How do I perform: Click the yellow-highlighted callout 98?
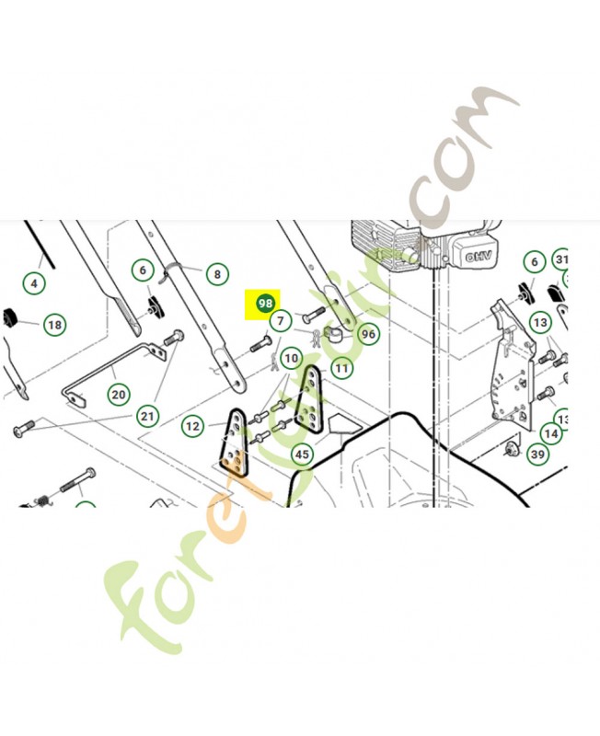click(265, 303)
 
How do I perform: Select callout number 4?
click(34, 282)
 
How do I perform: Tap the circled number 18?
click(54, 325)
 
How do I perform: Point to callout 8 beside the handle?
click(217, 273)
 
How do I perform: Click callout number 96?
click(368, 335)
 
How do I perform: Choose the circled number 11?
click(341, 368)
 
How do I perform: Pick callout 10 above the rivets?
click(291, 358)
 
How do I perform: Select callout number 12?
click(192, 426)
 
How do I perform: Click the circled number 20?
click(118, 395)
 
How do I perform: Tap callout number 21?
click(147, 416)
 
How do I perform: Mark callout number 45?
click(301, 454)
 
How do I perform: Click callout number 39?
click(537, 454)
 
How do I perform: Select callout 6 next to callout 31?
click(533, 261)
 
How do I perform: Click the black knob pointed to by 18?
click(10, 317)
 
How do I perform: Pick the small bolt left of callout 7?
click(259, 347)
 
